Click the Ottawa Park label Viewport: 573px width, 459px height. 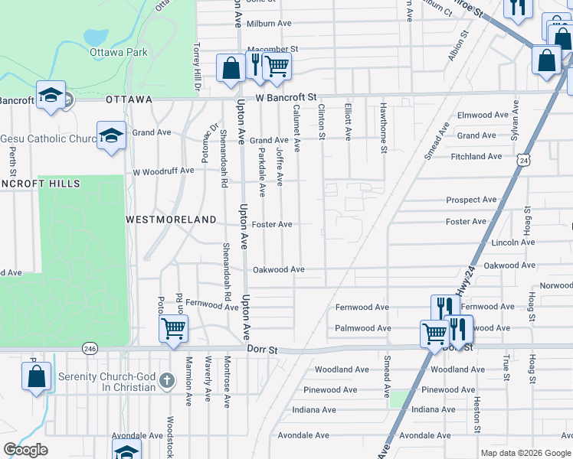(118, 53)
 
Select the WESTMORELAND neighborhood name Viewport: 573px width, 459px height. (171, 220)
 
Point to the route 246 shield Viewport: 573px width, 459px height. (90, 348)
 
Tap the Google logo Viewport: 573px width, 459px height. (25, 450)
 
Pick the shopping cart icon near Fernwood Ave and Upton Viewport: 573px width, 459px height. (173, 329)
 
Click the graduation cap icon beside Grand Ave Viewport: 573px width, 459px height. (111, 135)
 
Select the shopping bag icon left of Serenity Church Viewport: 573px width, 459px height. (36, 376)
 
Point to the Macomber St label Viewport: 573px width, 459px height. (271, 49)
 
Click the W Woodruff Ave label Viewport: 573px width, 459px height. (163, 171)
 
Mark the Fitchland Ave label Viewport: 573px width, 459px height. (476, 157)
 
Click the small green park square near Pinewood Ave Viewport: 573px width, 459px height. (398, 399)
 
